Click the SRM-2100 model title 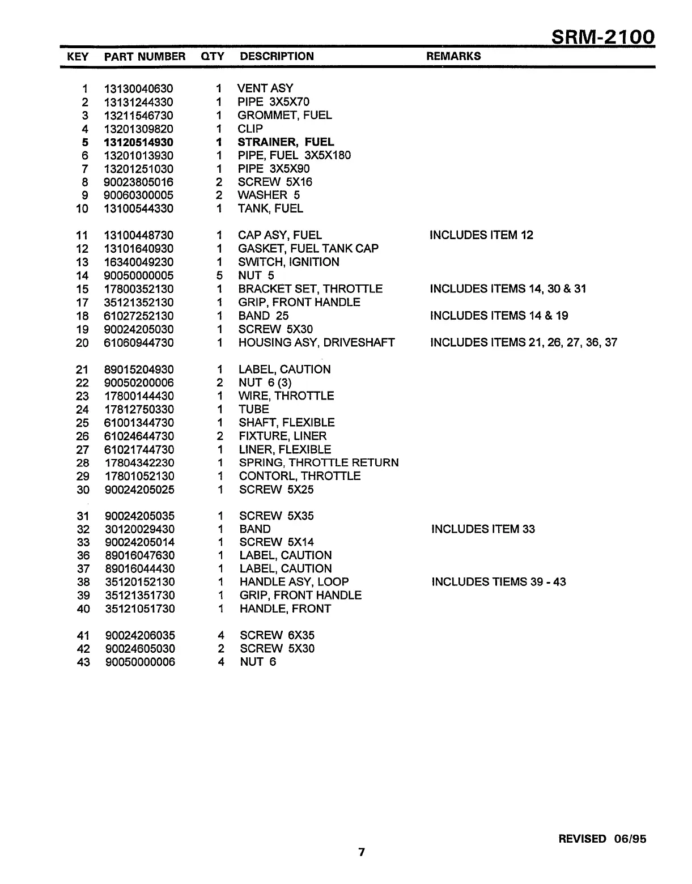pos(603,37)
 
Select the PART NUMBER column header pos(145,57)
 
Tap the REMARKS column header pos(453,56)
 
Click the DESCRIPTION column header pos(277,56)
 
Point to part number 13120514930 pos(139,142)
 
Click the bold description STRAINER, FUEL pos(286,142)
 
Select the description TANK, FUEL pos(270,209)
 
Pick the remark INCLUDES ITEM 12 pos(481,235)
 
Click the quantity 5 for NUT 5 pos(219,275)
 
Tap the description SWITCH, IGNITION pos(288,262)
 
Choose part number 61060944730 pos(139,343)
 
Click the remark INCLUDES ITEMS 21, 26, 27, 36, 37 pos(523,342)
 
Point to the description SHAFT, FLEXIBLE pos(286,423)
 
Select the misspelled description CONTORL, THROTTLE pos(299,476)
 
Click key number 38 pos(83,582)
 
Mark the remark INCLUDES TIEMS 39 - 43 pos(498,582)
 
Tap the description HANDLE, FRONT pos(285,609)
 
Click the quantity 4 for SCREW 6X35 pos(221,635)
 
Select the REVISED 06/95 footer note pos(602,839)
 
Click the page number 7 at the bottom pos(362,852)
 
